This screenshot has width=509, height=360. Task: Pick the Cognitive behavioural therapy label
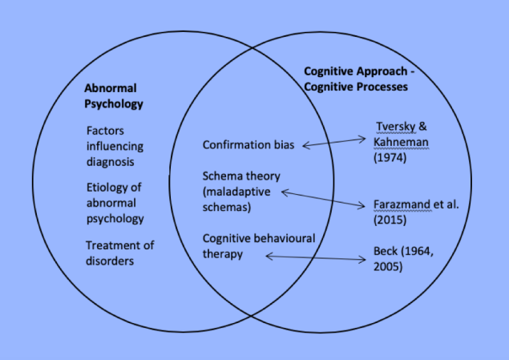(257, 246)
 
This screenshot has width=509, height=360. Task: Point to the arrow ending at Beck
(316, 257)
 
